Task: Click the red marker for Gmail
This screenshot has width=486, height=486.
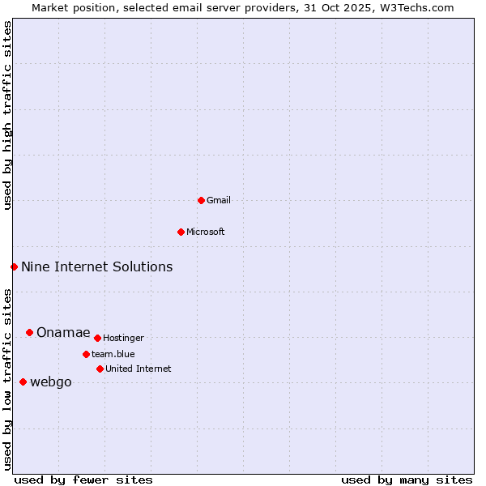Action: tap(201, 200)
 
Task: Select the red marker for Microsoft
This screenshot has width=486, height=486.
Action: tap(181, 232)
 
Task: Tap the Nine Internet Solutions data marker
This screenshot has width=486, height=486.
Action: tap(14, 266)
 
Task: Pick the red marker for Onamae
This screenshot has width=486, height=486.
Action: tap(29, 332)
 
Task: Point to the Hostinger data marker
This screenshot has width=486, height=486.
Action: tap(97, 338)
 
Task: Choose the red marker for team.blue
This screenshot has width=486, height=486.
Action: tap(86, 354)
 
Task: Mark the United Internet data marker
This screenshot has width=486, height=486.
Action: tap(100, 369)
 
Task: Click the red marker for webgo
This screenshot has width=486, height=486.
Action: tap(23, 382)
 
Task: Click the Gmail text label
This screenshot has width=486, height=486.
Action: tap(219, 200)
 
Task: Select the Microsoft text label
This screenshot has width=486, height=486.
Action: tap(206, 232)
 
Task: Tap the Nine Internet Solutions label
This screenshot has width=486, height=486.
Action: tap(97, 266)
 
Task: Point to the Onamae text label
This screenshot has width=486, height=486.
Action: tap(63, 332)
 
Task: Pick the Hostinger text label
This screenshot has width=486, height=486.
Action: tap(123, 338)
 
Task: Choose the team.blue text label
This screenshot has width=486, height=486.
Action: tap(113, 354)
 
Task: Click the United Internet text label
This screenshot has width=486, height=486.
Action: tap(139, 369)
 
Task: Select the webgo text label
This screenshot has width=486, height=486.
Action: tap(51, 382)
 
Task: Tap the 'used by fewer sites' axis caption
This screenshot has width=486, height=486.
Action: tap(83, 480)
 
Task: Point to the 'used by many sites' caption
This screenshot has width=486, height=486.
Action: tap(407, 480)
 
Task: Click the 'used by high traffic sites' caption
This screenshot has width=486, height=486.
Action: tap(7, 115)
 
